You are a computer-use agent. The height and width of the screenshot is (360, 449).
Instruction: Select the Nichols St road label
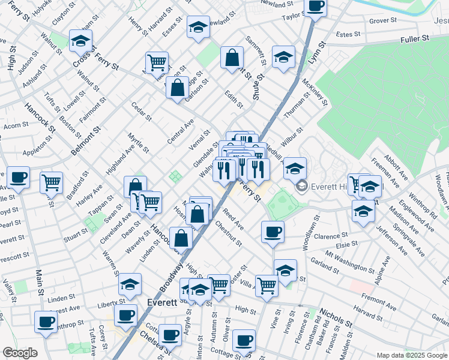pos(336,317)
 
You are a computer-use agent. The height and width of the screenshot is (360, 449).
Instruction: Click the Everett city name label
pos(161,303)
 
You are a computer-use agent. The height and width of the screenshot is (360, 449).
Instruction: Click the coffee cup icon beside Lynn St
pos(316,7)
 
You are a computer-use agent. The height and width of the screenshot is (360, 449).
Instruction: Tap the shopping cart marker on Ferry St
pos(156,61)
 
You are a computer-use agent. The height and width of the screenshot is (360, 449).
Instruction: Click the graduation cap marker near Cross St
pos(80,41)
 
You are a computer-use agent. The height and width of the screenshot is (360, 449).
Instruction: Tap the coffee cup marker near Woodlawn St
pos(273,232)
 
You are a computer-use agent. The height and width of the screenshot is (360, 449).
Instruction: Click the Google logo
pos(20,353)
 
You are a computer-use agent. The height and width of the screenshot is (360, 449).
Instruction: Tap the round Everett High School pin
pos(301,186)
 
